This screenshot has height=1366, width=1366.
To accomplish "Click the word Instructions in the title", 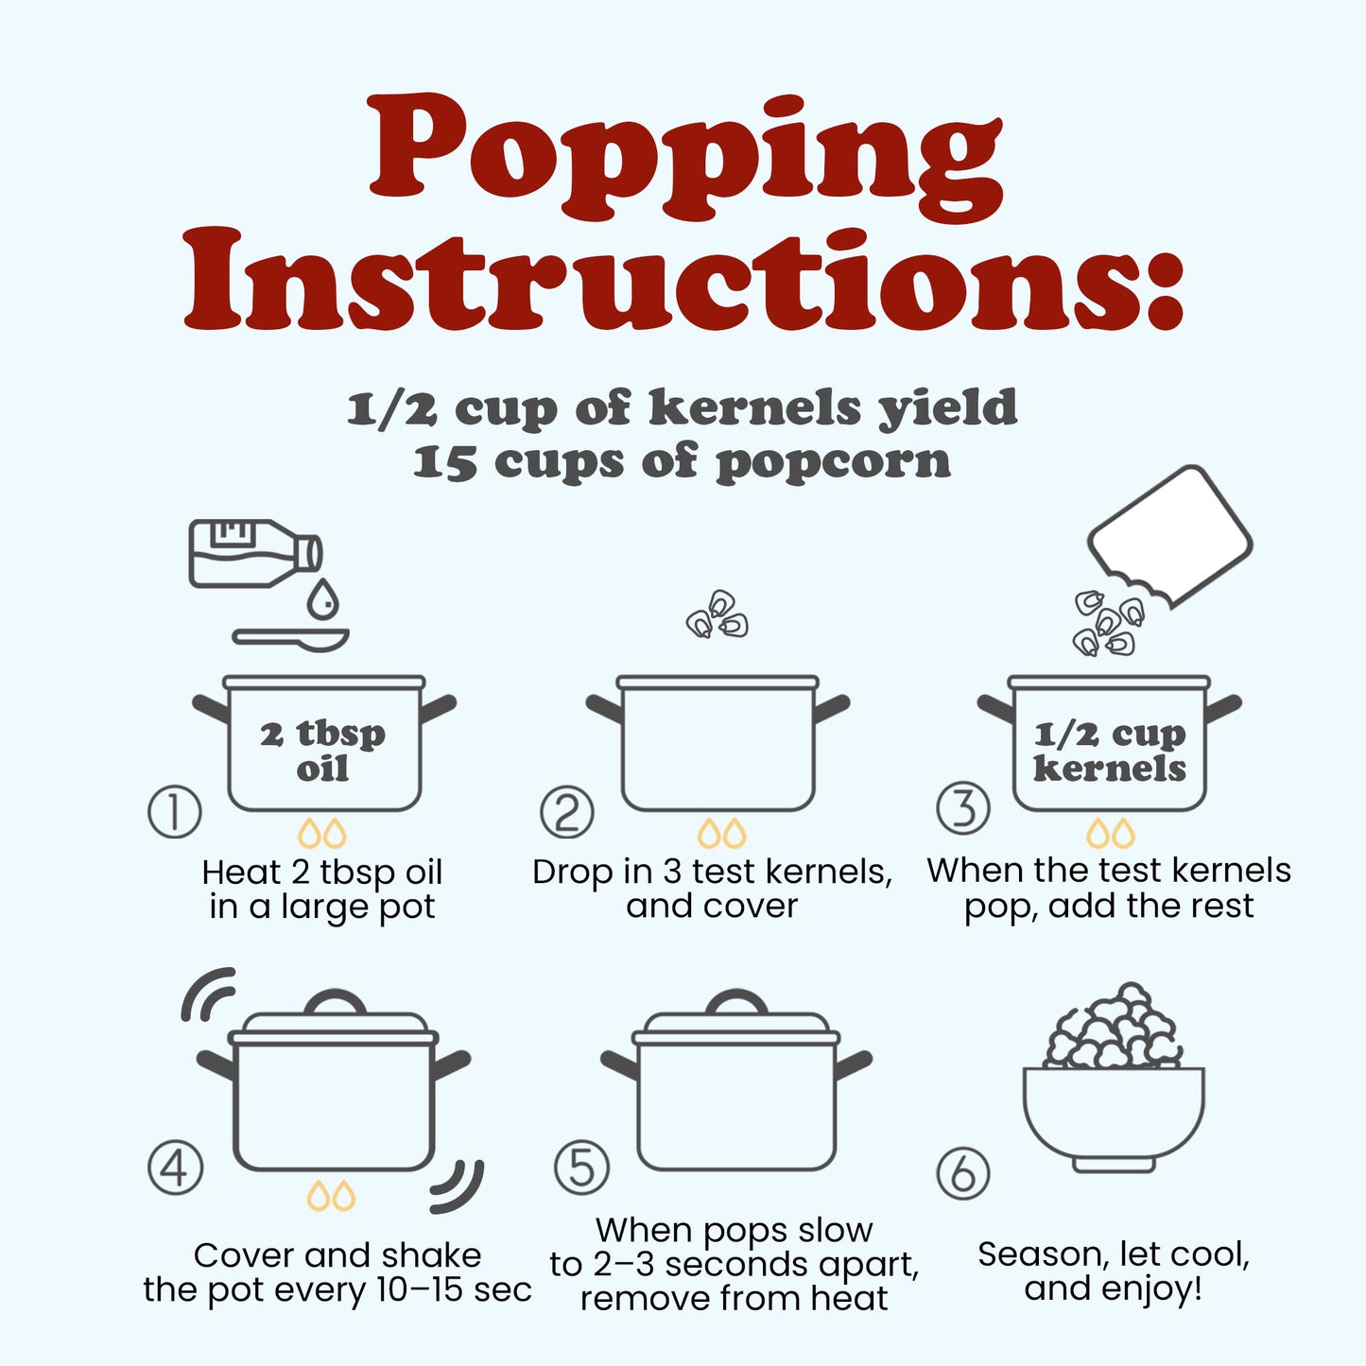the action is tap(683, 279).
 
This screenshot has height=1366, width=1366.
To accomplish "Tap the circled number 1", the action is tap(174, 811).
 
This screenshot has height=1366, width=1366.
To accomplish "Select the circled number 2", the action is tap(567, 812).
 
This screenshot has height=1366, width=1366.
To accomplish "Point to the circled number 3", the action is tap(963, 807).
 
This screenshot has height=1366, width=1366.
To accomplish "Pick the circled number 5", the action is tap(581, 1167).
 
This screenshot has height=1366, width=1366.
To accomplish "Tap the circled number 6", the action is tap(963, 1173).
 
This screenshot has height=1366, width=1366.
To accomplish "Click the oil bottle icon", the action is tap(256, 554).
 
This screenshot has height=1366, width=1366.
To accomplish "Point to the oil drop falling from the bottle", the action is tap(322, 598).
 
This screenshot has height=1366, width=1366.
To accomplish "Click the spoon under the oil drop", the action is tap(290, 639).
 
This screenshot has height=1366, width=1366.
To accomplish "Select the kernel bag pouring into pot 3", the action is tap(1170, 537).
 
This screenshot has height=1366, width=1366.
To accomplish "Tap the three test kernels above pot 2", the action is tap(718, 614).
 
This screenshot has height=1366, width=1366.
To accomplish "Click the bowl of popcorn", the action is tap(1113, 1078).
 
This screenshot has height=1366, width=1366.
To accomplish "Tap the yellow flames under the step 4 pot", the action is tap(331, 1195).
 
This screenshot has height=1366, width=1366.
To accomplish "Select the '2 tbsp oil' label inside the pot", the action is tap(322, 751).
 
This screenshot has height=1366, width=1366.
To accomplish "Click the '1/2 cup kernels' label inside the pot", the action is tap(1110, 751).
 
